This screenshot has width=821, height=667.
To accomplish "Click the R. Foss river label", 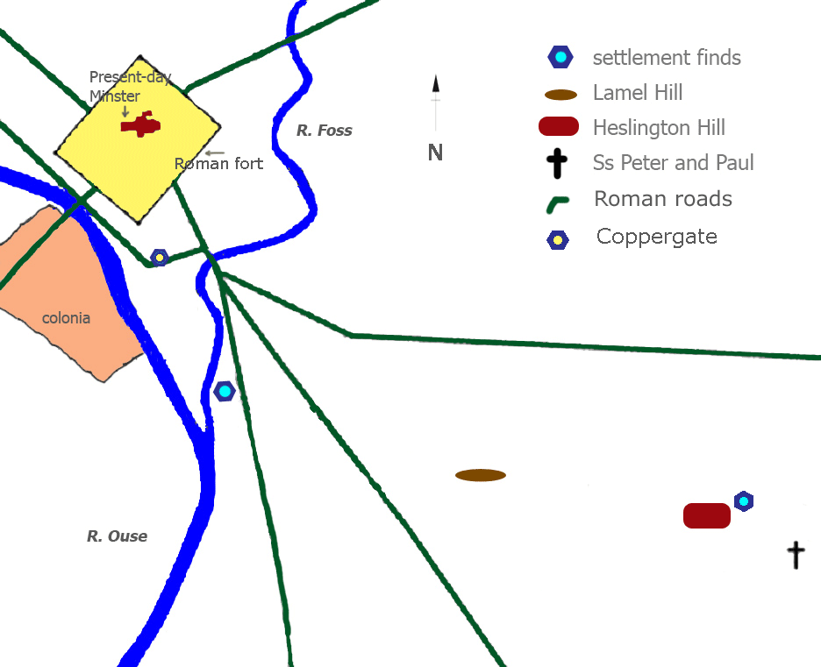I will (324, 131).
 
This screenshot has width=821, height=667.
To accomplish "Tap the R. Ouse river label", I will (117, 536).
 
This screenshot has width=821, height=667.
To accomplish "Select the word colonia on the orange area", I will (66, 318).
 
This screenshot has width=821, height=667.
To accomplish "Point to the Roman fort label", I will (218, 164).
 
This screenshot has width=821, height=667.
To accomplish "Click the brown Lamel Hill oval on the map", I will (481, 475).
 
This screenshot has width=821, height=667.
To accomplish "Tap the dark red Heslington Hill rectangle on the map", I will (707, 515).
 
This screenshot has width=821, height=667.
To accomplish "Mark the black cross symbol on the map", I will (796, 555).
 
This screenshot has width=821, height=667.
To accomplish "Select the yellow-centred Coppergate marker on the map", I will (159, 258).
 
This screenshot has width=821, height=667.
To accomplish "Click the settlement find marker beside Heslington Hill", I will (744, 501).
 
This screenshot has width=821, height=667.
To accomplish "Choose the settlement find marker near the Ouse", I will (225, 392).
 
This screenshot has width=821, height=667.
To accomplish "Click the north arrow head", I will (435, 84).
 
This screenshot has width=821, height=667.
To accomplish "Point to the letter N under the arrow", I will (435, 153).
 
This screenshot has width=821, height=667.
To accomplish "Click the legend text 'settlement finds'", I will (667, 58).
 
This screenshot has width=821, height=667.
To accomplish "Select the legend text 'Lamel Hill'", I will (638, 93).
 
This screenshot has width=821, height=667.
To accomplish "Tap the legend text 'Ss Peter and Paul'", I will (674, 163).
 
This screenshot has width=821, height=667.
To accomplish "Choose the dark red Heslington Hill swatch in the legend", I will (558, 127).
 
